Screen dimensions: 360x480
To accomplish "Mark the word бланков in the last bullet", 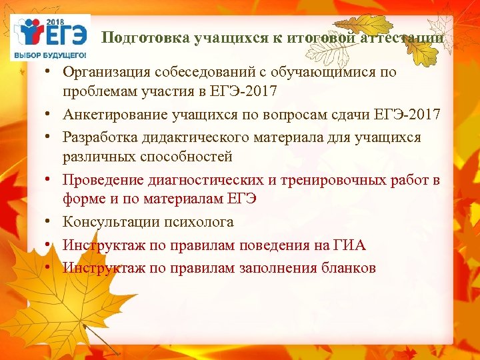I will click(x=348, y=267).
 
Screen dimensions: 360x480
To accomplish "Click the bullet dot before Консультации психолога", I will click(x=50, y=223).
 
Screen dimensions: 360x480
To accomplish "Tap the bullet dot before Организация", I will click(x=50, y=71).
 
